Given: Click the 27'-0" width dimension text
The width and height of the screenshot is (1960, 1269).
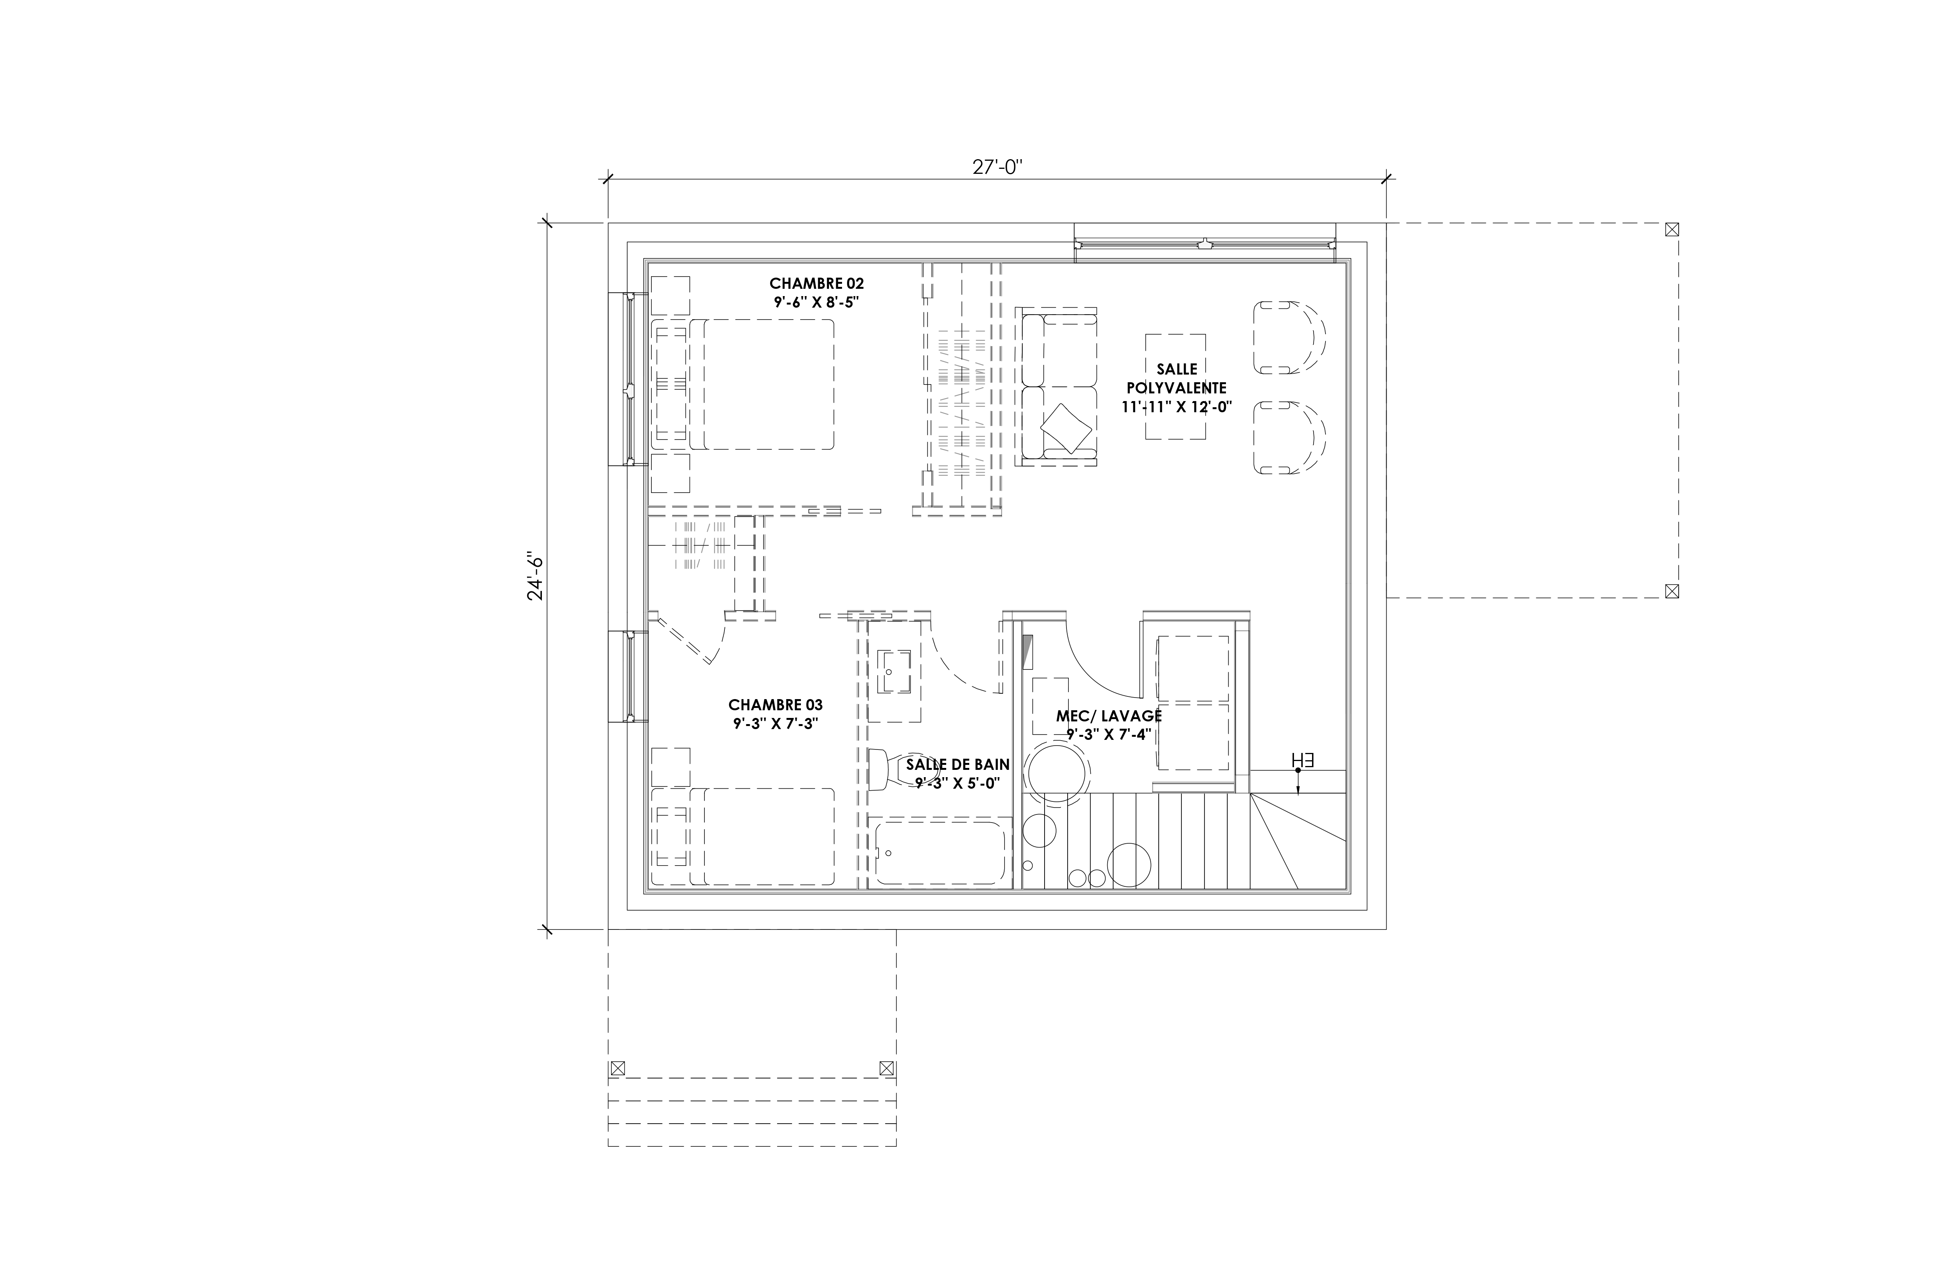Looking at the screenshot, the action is [x=997, y=167].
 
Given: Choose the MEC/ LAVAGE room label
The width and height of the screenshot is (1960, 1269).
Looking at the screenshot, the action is [x=1108, y=716].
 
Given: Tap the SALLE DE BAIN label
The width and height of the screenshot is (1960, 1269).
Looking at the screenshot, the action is [x=958, y=765].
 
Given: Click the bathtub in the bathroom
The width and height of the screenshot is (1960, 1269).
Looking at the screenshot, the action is [x=940, y=853].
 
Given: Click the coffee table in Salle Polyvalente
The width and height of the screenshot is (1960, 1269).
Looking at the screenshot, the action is [x=1176, y=387].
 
